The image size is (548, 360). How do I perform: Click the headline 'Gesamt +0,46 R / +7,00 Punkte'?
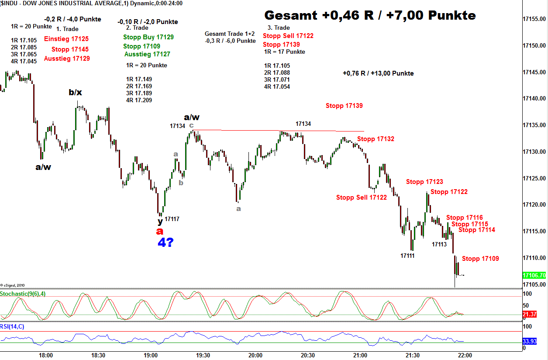(370, 16)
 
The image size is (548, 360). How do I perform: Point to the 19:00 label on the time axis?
(151, 355)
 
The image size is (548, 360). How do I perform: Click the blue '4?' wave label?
(165, 243)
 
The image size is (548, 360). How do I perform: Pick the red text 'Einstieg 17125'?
(66, 39)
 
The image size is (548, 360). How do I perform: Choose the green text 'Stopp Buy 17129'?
(148, 37)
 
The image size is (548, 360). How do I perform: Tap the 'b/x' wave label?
(75, 92)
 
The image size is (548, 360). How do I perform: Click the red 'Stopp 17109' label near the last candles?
(480, 259)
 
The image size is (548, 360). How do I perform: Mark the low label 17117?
(172, 219)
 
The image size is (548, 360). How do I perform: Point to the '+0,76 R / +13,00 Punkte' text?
(378, 73)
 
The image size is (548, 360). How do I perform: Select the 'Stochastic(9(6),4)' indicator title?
(23, 294)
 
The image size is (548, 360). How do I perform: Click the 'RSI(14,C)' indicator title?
(12, 326)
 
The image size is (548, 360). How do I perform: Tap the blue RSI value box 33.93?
(531, 341)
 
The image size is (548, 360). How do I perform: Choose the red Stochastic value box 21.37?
(531, 315)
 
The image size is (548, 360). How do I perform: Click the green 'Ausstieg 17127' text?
(147, 54)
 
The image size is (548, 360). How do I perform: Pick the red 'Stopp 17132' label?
(376, 139)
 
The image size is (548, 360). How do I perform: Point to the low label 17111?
(407, 256)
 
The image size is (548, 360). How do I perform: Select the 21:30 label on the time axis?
(412, 355)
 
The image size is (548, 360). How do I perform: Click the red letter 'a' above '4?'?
(160, 231)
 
